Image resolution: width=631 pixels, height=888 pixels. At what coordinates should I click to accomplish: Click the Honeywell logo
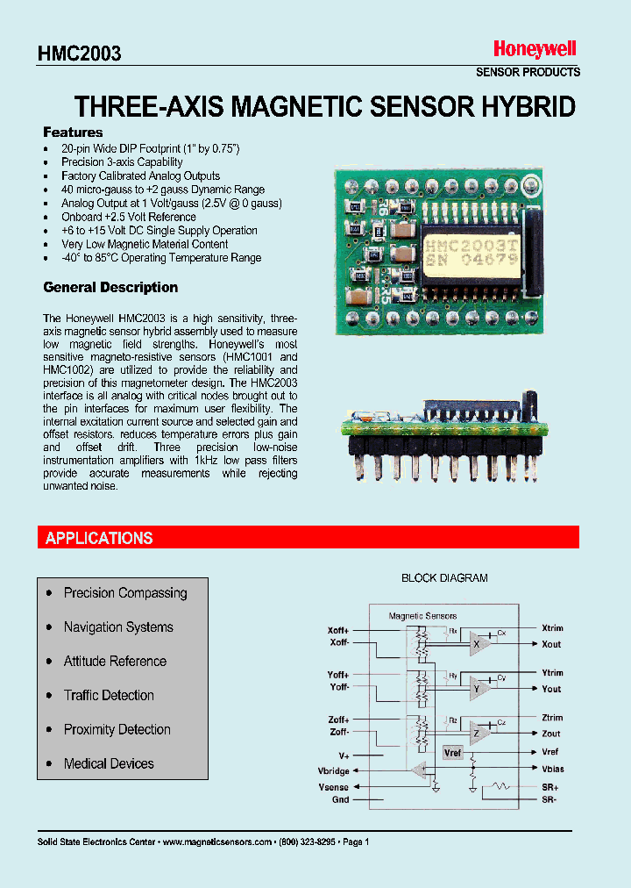coord(534,50)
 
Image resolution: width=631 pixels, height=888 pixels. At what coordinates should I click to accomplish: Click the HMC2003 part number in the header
coord(79,54)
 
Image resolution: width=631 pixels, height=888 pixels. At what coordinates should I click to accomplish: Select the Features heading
coord(73,132)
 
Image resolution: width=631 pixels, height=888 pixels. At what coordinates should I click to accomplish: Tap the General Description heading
coord(110,287)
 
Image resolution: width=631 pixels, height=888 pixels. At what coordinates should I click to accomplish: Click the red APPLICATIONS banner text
coord(99,538)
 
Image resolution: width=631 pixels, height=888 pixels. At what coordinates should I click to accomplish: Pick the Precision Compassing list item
coord(125,593)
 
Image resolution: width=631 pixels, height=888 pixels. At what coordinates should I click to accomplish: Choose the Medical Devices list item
coord(109,763)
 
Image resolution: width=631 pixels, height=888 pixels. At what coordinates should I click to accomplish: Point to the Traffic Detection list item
coord(109,695)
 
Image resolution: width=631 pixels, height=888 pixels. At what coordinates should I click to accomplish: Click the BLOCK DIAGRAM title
coord(444,578)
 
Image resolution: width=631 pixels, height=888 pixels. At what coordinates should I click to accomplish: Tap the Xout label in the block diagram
coord(551,644)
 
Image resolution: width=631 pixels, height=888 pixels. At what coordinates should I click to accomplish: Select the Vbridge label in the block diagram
coord(333,771)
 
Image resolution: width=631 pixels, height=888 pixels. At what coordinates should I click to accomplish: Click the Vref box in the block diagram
coord(452,753)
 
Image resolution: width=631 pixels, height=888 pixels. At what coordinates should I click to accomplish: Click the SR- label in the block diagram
coord(549,799)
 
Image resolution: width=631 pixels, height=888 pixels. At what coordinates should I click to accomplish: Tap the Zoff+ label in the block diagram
coord(338,720)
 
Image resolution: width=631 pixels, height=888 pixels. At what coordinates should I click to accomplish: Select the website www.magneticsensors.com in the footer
coord(217,841)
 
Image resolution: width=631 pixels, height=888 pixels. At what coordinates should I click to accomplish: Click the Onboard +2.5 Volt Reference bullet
coord(128,217)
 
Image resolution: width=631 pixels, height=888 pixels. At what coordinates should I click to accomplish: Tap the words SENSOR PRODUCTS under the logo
coord(528,72)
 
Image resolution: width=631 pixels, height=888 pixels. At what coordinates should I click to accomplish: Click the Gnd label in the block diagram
coord(340,799)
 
